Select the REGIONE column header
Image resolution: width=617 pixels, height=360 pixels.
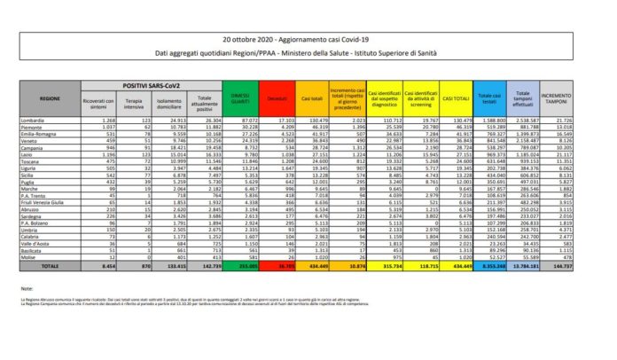pos(50,98)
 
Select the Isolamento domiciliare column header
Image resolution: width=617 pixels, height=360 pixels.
pos(174,101)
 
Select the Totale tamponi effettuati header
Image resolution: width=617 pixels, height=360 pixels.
pos(528,97)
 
